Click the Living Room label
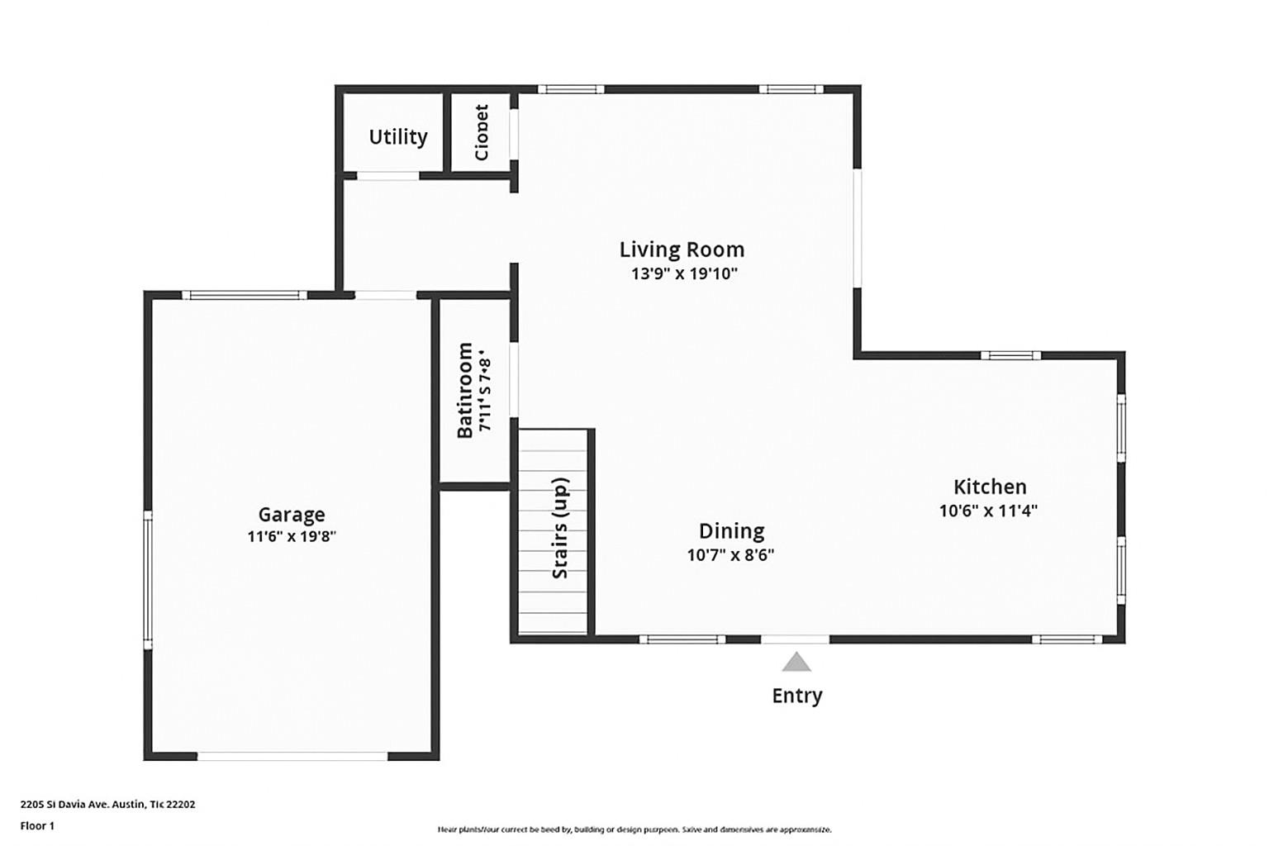682,249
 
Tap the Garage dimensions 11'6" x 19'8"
292,536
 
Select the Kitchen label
990,487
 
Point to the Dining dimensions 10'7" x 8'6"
730,554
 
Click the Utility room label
397,136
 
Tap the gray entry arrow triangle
796,662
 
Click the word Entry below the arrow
796,696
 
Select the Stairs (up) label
559,528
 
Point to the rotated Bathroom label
465,389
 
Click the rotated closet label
481,132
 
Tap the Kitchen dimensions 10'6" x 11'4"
988,511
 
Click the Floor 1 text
37,825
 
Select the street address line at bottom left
107,804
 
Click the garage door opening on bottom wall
292,755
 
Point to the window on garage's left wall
148,579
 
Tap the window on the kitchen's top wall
1010,355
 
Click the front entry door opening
795,639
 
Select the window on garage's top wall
244,295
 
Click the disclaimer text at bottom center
634,829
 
